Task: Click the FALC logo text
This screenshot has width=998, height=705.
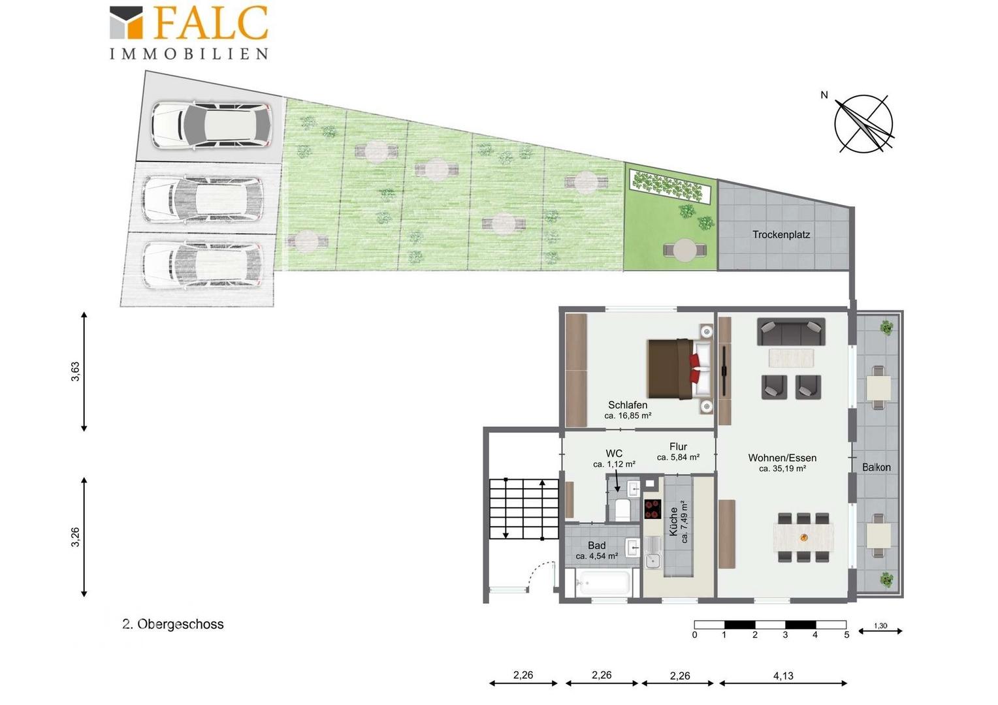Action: pos(212,22)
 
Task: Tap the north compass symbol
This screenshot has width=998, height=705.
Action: pos(863,123)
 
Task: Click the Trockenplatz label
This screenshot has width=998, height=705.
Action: pos(781,234)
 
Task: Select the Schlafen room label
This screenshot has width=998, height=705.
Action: pos(627,405)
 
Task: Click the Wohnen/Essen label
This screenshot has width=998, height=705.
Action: pos(782,458)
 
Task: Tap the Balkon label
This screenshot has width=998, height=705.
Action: pos(877,467)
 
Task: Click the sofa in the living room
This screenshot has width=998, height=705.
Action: pos(791,332)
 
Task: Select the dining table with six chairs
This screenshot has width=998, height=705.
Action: pos(804,537)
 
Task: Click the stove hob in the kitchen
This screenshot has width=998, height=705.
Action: pos(652,509)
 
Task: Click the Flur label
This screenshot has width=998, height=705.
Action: pos(678,446)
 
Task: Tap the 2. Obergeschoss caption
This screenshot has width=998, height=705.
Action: pos(173,624)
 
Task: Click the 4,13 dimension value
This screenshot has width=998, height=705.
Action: pos(783,676)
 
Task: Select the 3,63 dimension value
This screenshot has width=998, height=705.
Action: pos(75,371)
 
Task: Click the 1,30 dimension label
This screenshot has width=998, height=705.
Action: pos(880,626)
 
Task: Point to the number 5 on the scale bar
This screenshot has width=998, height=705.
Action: pos(846,635)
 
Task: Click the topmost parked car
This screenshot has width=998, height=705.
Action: pos(211,125)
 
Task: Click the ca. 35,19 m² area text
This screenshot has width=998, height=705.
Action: pos(782,469)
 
